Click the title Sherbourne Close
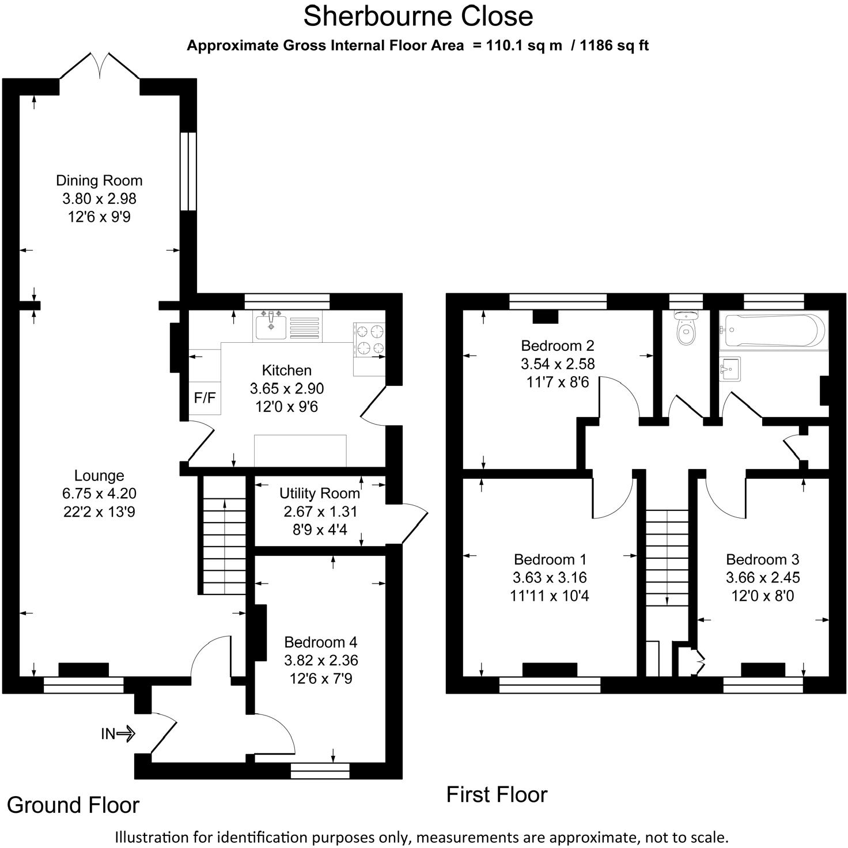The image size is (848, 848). (x=418, y=16)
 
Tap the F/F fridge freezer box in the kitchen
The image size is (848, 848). (x=205, y=398)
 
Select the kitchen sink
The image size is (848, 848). (x=271, y=326)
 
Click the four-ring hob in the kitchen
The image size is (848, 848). (x=369, y=339)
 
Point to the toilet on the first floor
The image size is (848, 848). (x=686, y=328)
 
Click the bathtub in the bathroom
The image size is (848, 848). (x=773, y=331)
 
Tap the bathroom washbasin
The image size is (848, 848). (x=729, y=369)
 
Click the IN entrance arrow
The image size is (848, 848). (x=118, y=733)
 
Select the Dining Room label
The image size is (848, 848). (x=99, y=180)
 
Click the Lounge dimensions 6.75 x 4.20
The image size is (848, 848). (x=99, y=494)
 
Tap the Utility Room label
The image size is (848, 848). (x=320, y=493)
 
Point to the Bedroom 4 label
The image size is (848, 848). (x=321, y=642)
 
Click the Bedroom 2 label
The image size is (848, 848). (x=557, y=346)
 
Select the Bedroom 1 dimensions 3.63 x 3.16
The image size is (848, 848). (x=550, y=577)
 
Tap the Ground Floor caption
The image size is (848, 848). (x=73, y=805)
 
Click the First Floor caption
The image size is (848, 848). (x=497, y=794)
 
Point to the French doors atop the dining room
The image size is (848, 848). (x=100, y=66)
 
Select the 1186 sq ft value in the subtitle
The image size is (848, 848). (x=614, y=46)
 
